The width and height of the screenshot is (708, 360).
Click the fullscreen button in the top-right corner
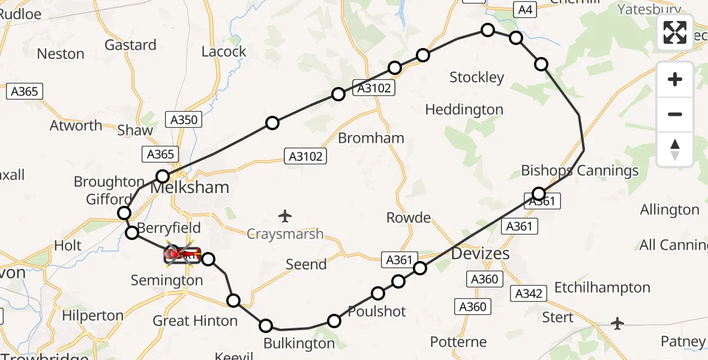pos(675,32)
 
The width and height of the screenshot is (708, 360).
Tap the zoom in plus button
pos(675,80)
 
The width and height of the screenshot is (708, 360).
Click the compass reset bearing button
pos(675,149)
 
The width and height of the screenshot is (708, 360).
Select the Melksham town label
pos(190,187)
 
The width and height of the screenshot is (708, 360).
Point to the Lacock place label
pos(224,52)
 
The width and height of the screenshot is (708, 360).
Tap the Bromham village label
pos(371,138)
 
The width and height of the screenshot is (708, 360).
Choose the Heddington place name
pos(464,110)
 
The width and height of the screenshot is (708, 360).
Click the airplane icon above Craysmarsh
pos(286,215)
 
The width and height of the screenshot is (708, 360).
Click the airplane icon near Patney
pos(617,323)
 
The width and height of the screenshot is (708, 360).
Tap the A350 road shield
pos(184,120)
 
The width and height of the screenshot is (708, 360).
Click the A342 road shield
pos(528,293)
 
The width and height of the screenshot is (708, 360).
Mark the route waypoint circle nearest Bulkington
pos(266,326)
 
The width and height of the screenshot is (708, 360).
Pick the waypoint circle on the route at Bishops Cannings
pos(539,193)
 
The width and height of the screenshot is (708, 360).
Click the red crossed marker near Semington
pos(182,256)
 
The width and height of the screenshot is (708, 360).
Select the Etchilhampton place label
pos(602,288)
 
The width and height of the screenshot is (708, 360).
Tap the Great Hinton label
pos(195,321)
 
